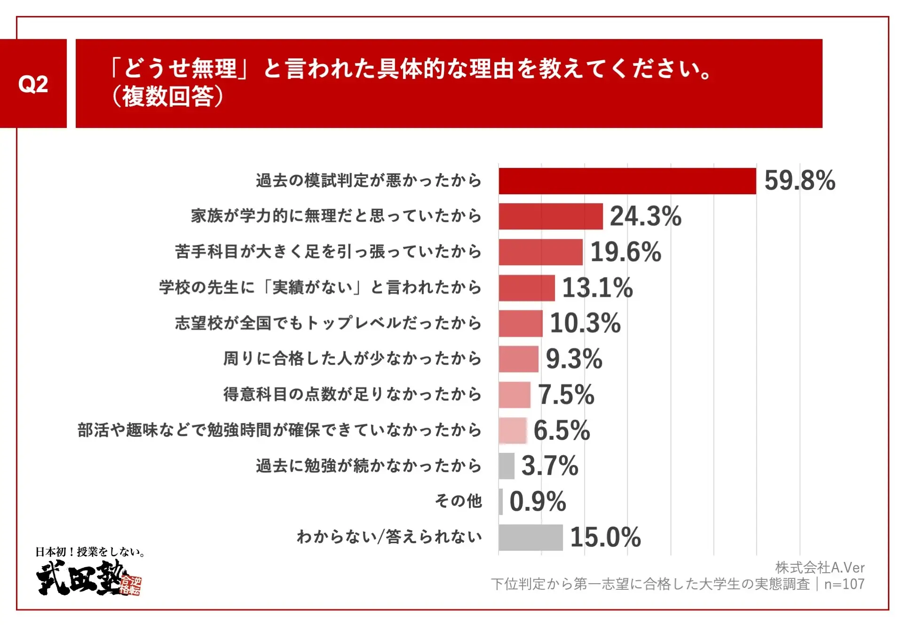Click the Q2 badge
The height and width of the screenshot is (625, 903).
coord(33,84)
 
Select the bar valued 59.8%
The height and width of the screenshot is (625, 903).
coord(627,181)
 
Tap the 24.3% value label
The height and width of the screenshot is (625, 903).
coord(645,216)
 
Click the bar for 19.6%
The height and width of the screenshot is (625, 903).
coord(540,252)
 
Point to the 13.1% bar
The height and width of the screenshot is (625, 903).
coord(527,288)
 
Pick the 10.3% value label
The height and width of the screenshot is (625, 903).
coord(585,323)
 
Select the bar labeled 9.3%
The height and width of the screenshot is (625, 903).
coord(518,359)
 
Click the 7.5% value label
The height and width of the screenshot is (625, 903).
coord(566,395)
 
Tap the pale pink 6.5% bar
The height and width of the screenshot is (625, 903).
coord(513,430)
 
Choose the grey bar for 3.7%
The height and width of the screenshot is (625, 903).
coord(507,466)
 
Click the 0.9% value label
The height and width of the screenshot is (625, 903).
coord(538,501)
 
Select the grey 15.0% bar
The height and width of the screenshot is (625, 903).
coord(531,537)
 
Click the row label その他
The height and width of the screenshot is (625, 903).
coord(458,501)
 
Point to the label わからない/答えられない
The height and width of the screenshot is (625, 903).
coord(389,537)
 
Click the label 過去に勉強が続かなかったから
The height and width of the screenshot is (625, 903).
coord(369,466)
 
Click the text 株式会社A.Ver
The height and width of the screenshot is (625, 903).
coord(819,568)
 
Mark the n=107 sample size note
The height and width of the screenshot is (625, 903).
coord(844,584)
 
